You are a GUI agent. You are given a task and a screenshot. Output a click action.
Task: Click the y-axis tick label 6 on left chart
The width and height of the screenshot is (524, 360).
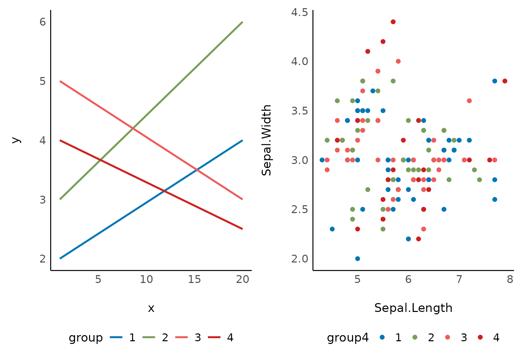43,22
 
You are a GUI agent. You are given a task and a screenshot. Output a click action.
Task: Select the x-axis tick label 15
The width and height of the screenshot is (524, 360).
194,280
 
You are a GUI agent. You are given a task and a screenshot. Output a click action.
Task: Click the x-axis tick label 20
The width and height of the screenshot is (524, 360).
243,280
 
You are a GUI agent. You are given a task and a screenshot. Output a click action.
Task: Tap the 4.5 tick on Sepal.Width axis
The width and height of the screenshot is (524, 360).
300,13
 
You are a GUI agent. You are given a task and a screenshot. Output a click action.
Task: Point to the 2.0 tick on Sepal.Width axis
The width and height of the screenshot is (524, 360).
300,259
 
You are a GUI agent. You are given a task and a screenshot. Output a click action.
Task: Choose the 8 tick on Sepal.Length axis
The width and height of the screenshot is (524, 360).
510,280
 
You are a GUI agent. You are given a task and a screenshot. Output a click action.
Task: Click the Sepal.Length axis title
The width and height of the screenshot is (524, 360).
413,308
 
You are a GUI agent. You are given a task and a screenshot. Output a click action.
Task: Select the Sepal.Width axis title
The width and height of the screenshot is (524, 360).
266,140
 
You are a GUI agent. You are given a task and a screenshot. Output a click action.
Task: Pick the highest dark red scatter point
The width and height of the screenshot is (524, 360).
393,22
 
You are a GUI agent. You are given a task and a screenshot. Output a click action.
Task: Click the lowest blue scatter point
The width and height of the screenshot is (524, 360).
358,259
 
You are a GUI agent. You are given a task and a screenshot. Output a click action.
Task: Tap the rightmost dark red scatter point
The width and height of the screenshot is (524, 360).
505,81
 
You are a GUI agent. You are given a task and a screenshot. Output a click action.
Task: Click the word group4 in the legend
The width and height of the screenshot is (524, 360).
348,338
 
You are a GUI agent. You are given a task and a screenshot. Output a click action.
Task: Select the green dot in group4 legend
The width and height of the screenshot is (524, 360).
415,337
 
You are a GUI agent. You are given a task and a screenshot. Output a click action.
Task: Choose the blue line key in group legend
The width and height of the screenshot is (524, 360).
116,338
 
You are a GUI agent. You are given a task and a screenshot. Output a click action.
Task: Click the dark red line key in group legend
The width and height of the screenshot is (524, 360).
214,338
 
